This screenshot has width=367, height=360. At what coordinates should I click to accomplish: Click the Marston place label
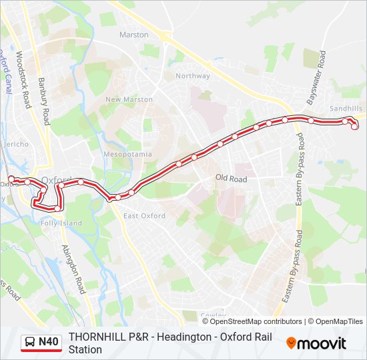[x=133, y=34]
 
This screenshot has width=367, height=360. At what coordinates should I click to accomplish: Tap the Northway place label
[x=192, y=75]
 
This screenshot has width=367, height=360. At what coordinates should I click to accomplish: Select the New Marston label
[x=129, y=99]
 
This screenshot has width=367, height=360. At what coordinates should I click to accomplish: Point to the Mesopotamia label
[x=124, y=154]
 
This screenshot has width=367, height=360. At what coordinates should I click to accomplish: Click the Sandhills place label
[x=346, y=108]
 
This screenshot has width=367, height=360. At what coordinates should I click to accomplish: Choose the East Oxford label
[x=144, y=216]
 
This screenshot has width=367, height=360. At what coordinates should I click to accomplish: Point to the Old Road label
[x=231, y=179]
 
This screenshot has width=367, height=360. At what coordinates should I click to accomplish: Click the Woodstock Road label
[x=24, y=80]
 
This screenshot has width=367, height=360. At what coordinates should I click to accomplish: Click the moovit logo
[x=316, y=343]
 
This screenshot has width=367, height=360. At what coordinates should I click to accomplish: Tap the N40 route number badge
[x=48, y=343]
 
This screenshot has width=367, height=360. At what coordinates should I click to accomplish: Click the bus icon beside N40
[x=30, y=343]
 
